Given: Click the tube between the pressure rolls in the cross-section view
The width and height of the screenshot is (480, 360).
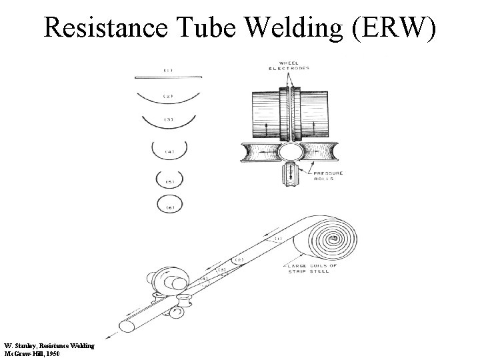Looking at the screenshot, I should click(x=290, y=151).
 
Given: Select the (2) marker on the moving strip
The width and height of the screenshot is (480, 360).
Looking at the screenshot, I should click(x=239, y=259).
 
